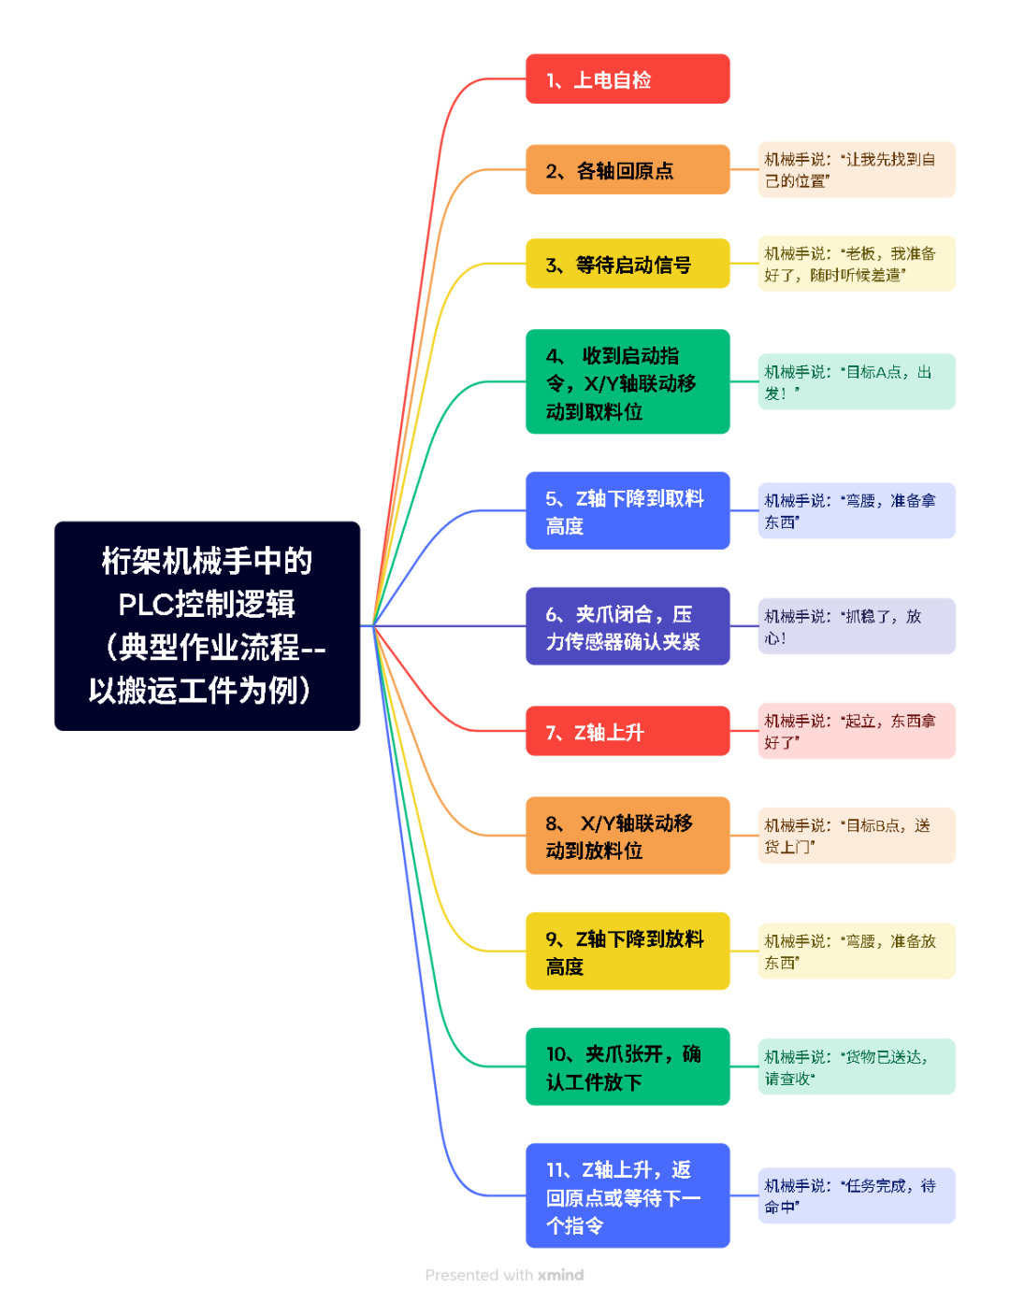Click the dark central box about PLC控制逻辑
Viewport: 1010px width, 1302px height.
pyautogui.click(x=207, y=625)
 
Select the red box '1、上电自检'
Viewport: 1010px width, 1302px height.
pyautogui.click(x=628, y=79)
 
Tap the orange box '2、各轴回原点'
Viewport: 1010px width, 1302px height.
pyautogui.click(x=628, y=170)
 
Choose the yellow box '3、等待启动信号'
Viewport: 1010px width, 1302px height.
pyautogui.click(x=628, y=265)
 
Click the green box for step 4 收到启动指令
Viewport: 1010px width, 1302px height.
pyautogui.click(x=628, y=382)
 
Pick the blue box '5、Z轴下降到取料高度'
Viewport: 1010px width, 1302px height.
pyautogui.click(x=628, y=511)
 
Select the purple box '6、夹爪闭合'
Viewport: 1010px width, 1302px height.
pyautogui.click(x=628, y=626)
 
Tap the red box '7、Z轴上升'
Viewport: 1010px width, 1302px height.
pyautogui.click(x=628, y=731)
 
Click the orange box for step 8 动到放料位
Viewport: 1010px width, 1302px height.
pyautogui.click(x=628, y=836)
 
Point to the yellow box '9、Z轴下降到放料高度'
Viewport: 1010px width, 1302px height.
pyautogui.click(x=628, y=951)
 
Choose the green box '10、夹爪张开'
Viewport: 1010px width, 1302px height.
pyautogui.click(x=628, y=1067)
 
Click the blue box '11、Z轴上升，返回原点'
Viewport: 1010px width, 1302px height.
pyautogui.click(x=628, y=1195)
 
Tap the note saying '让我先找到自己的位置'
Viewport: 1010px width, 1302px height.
pyautogui.click(x=857, y=170)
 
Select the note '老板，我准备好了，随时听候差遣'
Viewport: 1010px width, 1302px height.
pyautogui.click(x=857, y=264)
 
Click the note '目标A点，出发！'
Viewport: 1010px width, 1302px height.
pyautogui.click(x=857, y=382)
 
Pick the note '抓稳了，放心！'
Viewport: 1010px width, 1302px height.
pyautogui.click(x=857, y=626)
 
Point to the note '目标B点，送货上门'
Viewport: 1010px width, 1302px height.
pyautogui.click(x=857, y=836)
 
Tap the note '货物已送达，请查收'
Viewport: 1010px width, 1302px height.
pyautogui.click(x=857, y=1067)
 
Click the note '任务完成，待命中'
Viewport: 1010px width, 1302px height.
pyautogui.click(x=857, y=1195)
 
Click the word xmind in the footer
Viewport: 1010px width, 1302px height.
pyautogui.click(x=560, y=1275)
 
